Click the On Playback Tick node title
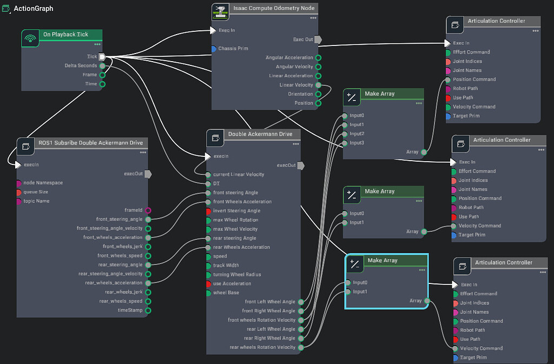pyautogui.click(x=65, y=35)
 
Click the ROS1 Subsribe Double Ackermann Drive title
pyautogui.click(x=90, y=143)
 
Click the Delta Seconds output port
pyautogui.click(x=102, y=66)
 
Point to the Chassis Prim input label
pyautogui.click(x=233, y=49)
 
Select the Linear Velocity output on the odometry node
pyautogui.click(x=318, y=85)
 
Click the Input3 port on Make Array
pyautogui.click(x=345, y=143)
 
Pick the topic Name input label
pyautogui.click(x=36, y=201)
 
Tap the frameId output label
pyautogui.click(x=133, y=210)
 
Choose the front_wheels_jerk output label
pyautogui.click(x=120, y=247)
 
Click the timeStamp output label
pyautogui.click(x=130, y=310)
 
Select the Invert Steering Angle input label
pyautogui.click(x=236, y=211)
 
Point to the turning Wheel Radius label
pyautogui.click(x=238, y=275)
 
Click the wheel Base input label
pyautogui.click(x=227, y=293)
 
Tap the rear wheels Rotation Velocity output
pyautogui.click(x=301, y=347)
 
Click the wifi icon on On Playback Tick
pyautogui.click(x=31, y=38)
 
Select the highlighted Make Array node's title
pyautogui.click(x=382, y=261)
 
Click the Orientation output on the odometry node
pyautogui.click(x=318, y=94)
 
